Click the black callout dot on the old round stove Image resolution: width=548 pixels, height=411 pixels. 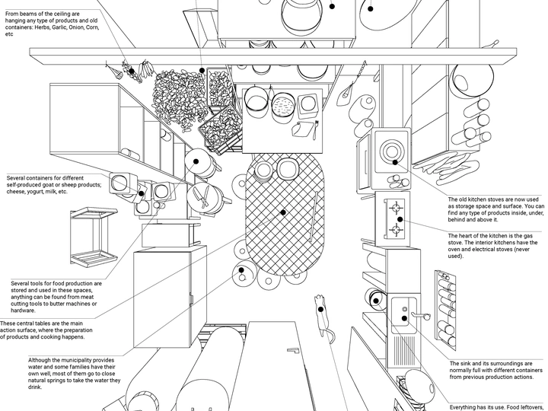395,161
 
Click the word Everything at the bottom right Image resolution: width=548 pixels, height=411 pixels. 468,406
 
